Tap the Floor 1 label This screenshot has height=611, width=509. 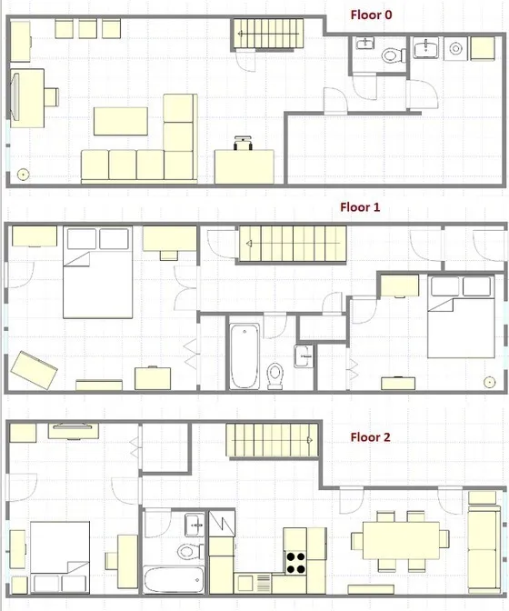tap(360, 207)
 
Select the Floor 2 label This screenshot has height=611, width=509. tap(371, 437)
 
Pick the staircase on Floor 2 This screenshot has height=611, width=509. tap(274, 441)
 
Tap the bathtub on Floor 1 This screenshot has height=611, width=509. tap(244, 355)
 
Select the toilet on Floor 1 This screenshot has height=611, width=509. tap(277, 373)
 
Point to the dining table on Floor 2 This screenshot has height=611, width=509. tap(401, 541)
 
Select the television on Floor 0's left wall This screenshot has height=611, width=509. tap(15, 95)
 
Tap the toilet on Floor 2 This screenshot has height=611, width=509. tap(187, 550)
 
